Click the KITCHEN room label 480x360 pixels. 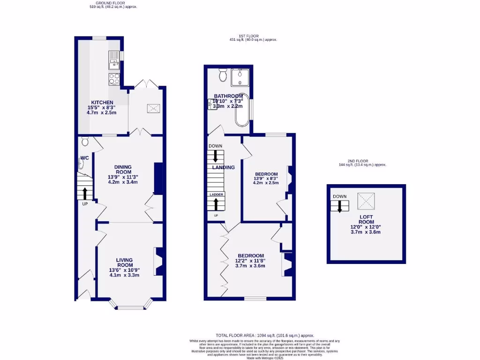click(102, 102)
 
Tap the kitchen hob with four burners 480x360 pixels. click(114, 79)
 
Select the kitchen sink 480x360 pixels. click(114, 58)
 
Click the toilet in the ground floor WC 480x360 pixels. click(85, 141)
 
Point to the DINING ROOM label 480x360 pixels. click(123, 169)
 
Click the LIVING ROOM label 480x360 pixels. click(124, 262)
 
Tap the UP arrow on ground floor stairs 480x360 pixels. click(85, 193)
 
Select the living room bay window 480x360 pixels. click(131, 307)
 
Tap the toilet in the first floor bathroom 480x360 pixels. click(223, 74)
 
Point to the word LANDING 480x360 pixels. click(223, 167)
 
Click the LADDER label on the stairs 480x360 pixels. click(216, 195)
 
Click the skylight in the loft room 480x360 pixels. click(366, 202)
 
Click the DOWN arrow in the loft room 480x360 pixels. click(339, 206)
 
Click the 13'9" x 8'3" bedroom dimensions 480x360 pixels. click(265, 178)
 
